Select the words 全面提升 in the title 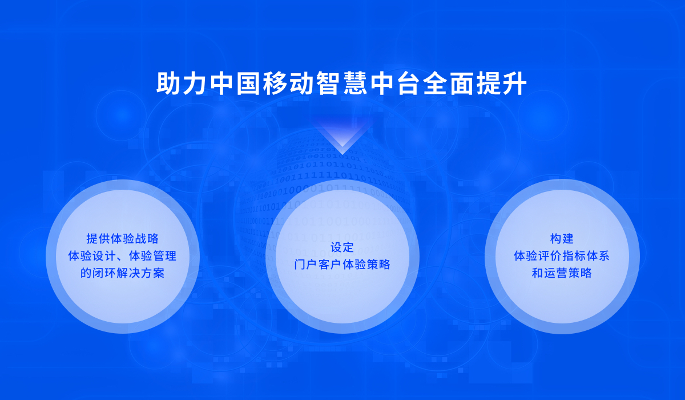(475, 83)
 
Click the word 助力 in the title (183, 83)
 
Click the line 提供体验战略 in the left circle (122, 239)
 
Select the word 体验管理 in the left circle (152, 256)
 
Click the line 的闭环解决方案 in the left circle (122, 273)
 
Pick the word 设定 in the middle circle (342, 247)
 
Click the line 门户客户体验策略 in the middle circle (342, 265)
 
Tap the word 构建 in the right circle (562, 239)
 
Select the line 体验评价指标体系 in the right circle (562, 256)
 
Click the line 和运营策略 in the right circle (562, 273)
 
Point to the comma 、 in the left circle (120, 259)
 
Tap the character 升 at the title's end (514, 83)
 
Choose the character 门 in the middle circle (300, 265)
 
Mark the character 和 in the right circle (538, 273)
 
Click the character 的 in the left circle (86, 273)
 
